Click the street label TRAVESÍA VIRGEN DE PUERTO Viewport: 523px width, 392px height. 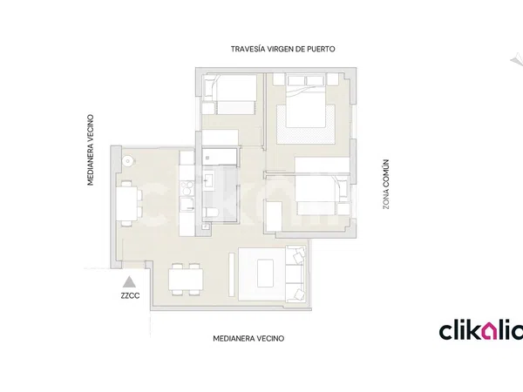coord(282,49)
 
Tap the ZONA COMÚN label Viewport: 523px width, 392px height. coord(385,184)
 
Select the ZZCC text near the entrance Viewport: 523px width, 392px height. coord(130,295)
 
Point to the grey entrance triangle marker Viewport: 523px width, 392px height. coord(129,282)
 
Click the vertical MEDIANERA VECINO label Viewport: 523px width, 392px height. coord(91,150)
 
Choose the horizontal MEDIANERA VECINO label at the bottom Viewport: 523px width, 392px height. coord(248,339)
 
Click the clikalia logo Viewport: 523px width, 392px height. coord(480,330)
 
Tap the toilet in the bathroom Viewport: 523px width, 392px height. coord(210,213)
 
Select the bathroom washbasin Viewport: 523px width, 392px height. coord(210,180)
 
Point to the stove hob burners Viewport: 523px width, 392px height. coord(187,188)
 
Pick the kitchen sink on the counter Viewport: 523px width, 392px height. coord(187,205)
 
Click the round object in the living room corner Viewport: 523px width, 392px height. coord(127,161)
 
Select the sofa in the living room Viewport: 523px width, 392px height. coord(295,274)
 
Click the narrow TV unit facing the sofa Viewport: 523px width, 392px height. coord(232,274)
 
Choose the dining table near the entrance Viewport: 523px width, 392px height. coord(186,279)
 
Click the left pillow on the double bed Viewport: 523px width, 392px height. coord(296,81)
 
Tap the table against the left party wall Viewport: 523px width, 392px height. coord(126,203)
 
